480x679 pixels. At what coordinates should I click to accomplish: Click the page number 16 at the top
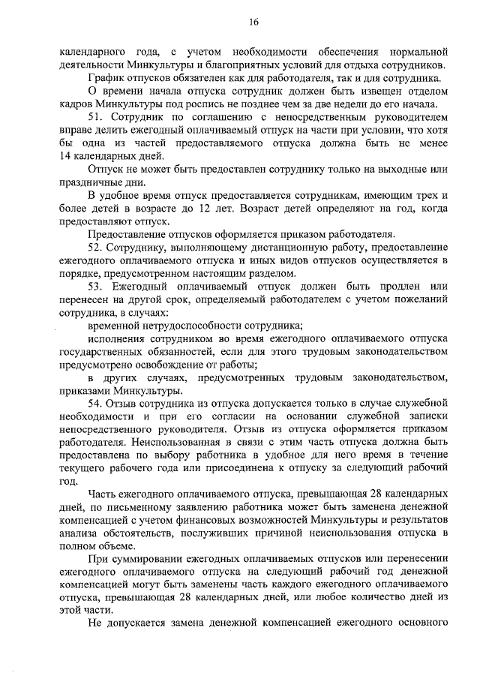(x=254, y=23)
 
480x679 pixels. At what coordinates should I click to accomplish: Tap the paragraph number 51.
(x=96, y=118)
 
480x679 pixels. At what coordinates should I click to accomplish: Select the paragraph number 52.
(x=96, y=247)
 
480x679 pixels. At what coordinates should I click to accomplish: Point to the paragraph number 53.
(x=96, y=286)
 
